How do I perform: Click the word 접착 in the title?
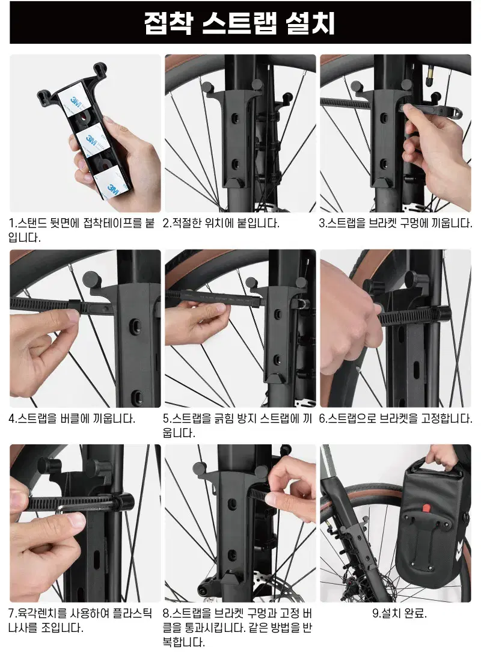[168, 23]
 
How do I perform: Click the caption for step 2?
[221, 223]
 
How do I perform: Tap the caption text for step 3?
[395, 223]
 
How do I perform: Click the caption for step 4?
[72, 418]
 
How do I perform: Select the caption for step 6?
[395, 418]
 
